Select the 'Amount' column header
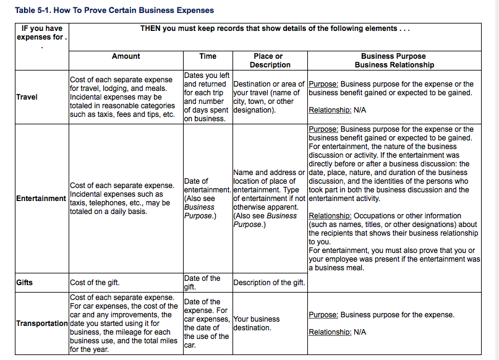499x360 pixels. point(126,56)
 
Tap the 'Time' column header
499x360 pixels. point(208,56)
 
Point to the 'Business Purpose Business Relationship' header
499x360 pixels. point(394,61)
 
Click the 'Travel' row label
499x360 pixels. point(27,97)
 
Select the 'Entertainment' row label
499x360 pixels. point(41,199)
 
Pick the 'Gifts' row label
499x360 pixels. point(25,283)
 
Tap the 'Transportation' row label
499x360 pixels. point(42,324)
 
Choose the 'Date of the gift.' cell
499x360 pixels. point(202,283)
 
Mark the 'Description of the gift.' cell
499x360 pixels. point(269,283)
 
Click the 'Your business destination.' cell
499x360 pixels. point(256,324)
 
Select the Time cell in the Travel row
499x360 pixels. point(207,97)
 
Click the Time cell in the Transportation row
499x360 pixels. point(207,324)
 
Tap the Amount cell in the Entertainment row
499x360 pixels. point(122,199)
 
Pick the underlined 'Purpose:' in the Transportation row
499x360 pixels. point(323,315)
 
